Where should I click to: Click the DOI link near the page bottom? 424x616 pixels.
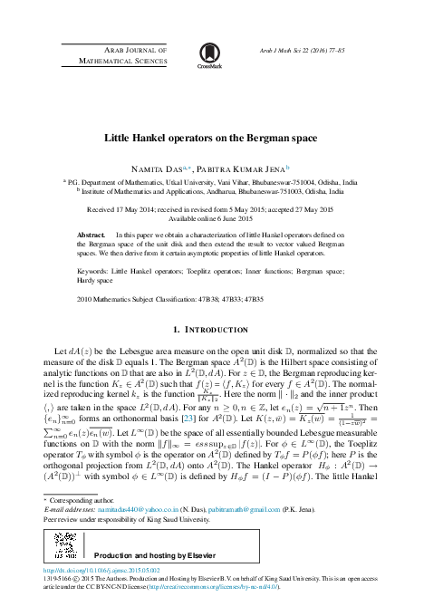(97, 595)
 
